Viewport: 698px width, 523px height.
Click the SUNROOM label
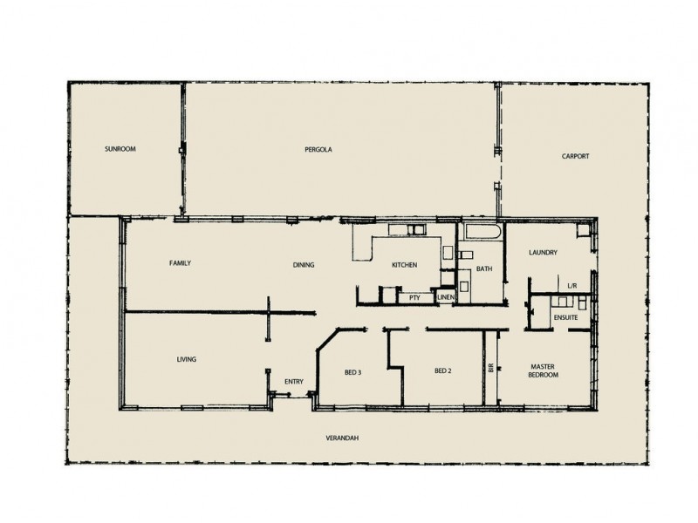[120, 149]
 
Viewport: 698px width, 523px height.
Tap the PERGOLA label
[318, 149]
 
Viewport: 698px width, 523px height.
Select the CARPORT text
[575, 156]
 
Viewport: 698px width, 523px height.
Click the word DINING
[303, 265]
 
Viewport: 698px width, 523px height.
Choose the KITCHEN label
[404, 265]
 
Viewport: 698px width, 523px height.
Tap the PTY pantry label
[415, 297]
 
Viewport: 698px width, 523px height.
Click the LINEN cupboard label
[446, 297]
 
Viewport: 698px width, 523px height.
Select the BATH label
[483, 269]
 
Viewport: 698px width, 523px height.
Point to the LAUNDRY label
[543, 254]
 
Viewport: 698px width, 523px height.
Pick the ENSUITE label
[565, 318]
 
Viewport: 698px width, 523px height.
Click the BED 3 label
[352, 372]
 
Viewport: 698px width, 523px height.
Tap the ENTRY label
[293, 381]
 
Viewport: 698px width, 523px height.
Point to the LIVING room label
[185, 358]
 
